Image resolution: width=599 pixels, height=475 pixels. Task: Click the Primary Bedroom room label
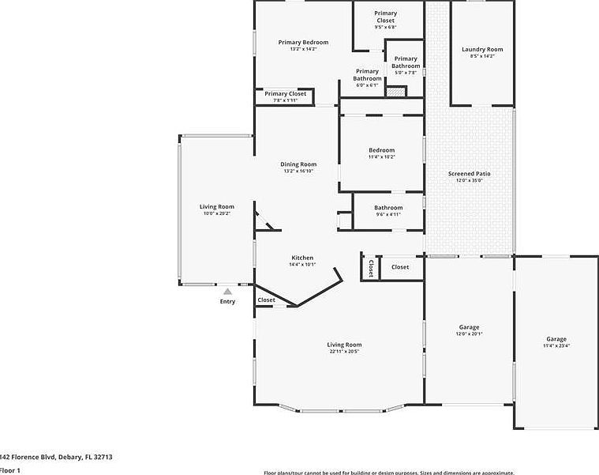pos(303,42)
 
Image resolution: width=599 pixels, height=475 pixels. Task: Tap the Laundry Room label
pos(481,49)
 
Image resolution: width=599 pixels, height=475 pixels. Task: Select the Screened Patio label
pos(469,173)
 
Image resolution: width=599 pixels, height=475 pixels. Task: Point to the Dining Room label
pos(298,164)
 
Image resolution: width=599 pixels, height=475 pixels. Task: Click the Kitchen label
pos(302,258)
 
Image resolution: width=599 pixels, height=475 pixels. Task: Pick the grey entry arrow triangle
pos(227,292)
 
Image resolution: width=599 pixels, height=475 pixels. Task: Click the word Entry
pos(227,301)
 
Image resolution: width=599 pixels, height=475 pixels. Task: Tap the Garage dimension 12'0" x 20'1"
pos(469,334)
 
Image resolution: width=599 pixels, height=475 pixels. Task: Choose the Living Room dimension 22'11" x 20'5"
pos(344,351)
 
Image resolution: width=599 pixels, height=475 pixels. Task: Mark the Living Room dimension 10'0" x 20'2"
pos(216,213)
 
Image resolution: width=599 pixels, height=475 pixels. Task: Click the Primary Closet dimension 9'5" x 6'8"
pos(385,27)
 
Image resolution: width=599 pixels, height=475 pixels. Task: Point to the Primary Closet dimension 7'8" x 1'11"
pos(285,100)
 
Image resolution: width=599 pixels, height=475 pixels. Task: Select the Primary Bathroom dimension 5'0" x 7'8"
pos(406,72)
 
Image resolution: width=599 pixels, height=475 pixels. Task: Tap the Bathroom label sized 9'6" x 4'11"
pos(388,208)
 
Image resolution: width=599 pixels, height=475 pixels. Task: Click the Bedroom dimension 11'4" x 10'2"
pos(381,156)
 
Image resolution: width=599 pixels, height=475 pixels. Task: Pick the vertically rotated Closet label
pos(369,268)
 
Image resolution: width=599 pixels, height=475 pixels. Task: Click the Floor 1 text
pos(9,470)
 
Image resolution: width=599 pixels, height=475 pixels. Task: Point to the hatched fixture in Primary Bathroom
pos(395,92)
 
